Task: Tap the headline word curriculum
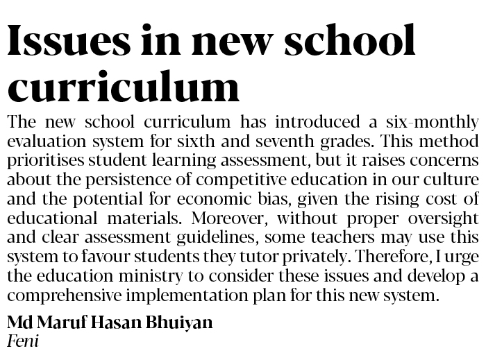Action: pyautogui.click(x=124, y=87)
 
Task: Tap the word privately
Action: pyautogui.click(x=319, y=255)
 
